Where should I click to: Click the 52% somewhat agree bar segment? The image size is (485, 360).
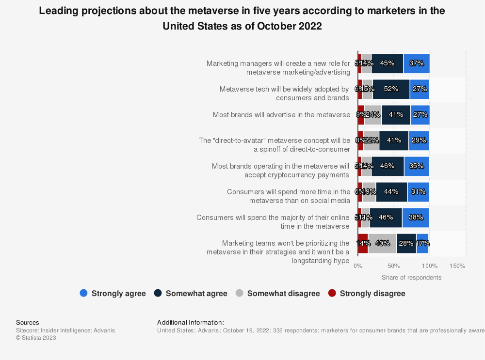click(391, 89)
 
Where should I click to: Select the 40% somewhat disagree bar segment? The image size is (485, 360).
click(382, 243)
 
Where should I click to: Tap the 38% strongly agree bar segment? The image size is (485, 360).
click(416, 218)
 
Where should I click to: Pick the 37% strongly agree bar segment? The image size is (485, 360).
click(416, 63)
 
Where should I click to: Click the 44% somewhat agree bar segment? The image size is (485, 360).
click(391, 192)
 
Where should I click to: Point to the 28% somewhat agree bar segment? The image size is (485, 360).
click(406, 243)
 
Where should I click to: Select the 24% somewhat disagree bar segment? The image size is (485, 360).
click(373, 115)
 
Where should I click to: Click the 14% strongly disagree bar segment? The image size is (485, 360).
click(363, 243)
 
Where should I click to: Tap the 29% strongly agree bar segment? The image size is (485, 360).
click(419, 141)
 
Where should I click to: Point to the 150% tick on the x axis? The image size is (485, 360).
click(457, 266)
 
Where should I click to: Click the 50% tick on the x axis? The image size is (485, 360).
click(393, 266)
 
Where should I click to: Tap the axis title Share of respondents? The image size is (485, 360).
click(411, 278)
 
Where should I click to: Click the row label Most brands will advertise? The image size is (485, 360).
click(281, 115)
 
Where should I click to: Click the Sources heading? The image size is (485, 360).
click(28, 322)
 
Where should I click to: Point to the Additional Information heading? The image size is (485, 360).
click(191, 322)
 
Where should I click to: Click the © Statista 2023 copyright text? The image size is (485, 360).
click(36, 338)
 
